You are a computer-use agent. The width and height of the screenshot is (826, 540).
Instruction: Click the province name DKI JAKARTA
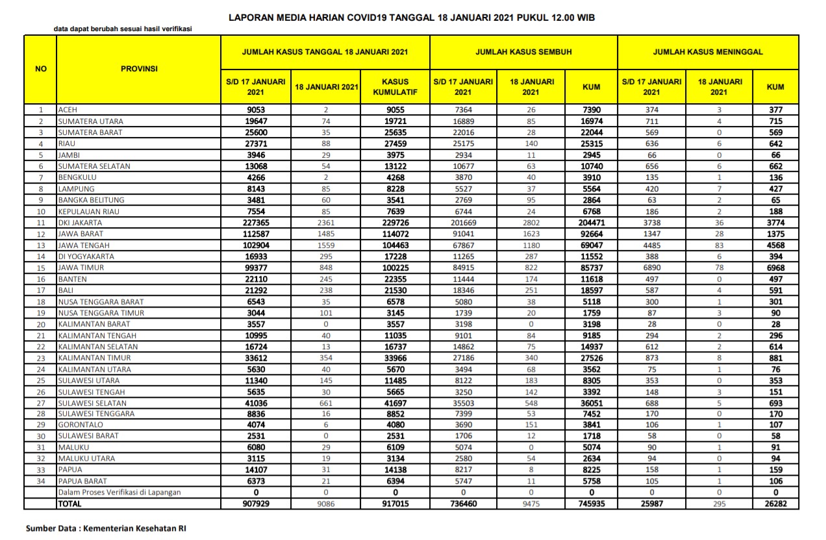(80, 223)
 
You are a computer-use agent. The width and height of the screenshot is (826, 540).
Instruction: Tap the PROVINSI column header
(139, 68)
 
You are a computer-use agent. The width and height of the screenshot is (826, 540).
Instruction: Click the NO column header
(41, 68)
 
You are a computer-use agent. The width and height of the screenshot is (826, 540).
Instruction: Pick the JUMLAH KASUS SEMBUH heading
(523, 52)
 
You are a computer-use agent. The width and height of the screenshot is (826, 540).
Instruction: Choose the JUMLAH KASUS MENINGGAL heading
(708, 52)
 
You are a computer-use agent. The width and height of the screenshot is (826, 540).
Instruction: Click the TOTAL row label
(70, 504)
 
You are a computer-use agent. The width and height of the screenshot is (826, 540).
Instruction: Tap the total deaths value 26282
(775, 504)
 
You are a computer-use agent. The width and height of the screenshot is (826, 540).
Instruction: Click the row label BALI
(66, 291)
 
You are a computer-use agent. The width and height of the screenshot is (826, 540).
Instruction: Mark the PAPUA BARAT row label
(82, 481)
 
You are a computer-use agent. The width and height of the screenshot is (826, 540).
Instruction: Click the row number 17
(41, 291)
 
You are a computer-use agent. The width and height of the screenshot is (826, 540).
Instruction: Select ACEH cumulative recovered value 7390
(592, 110)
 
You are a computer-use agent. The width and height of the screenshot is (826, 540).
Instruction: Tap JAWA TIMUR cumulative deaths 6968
(775, 268)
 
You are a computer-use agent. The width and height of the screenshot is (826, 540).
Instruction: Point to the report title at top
(412, 18)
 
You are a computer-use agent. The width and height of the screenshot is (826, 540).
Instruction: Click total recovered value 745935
(592, 504)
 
